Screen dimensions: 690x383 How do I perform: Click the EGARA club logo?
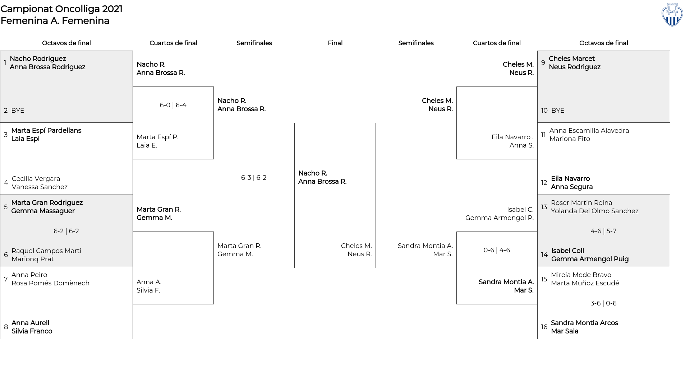tap(672, 14)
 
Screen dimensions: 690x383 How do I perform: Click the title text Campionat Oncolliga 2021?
tap(61, 9)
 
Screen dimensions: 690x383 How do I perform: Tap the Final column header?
tap(335, 43)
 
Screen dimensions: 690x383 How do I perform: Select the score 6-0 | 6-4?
tap(173, 105)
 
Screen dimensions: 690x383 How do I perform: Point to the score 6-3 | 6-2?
tap(254, 178)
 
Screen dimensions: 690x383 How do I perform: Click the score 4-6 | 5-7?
tap(603, 231)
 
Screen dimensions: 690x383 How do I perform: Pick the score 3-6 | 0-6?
tap(603, 303)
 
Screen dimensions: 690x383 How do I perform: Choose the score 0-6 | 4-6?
tap(497, 250)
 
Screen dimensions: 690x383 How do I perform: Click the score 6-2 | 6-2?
tap(66, 231)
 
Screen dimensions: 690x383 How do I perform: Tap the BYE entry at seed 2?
tap(18, 111)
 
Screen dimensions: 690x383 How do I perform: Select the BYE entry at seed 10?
tap(558, 111)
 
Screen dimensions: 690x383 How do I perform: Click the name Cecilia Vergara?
tap(36, 179)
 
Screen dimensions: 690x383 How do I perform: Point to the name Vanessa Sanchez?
tap(40, 187)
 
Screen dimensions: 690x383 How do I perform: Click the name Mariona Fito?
tap(570, 139)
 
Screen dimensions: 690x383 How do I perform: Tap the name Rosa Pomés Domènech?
tap(50, 283)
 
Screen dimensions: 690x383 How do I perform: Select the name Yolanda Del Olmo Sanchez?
tap(594, 211)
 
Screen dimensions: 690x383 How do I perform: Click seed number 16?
tap(544, 327)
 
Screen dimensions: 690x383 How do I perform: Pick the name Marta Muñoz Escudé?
tap(585, 283)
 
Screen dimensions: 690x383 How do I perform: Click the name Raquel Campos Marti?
tap(46, 251)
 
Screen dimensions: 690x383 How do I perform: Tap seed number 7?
tap(6, 279)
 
